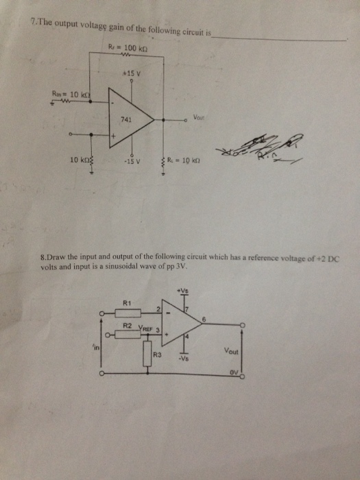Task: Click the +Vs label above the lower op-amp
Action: (183, 291)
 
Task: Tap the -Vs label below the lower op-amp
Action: (183, 358)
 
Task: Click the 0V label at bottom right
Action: (235, 373)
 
